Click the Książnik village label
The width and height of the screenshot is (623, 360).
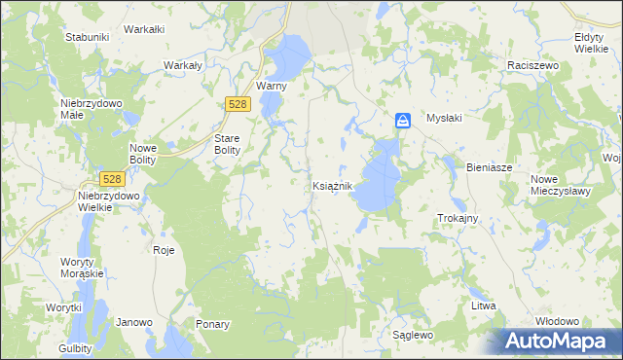click(x=338, y=185)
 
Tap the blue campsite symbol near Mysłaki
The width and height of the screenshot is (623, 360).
click(x=403, y=120)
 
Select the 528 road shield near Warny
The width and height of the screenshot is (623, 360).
click(x=237, y=103)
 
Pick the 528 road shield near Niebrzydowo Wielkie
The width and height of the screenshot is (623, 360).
click(x=112, y=179)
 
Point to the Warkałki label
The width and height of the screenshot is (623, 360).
click(x=144, y=29)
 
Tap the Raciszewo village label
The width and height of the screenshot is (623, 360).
click(x=531, y=64)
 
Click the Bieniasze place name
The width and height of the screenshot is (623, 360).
click(x=489, y=167)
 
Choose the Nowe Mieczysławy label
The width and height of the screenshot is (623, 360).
click(x=562, y=185)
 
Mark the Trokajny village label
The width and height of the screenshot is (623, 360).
click(x=458, y=218)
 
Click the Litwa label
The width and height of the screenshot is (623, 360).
click(x=484, y=306)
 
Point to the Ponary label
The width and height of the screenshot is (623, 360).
click(x=212, y=324)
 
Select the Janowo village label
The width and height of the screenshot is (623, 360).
click(x=134, y=322)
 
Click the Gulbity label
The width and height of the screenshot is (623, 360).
click(x=74, y=348)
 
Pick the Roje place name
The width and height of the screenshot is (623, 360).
click(x=164, y=250)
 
